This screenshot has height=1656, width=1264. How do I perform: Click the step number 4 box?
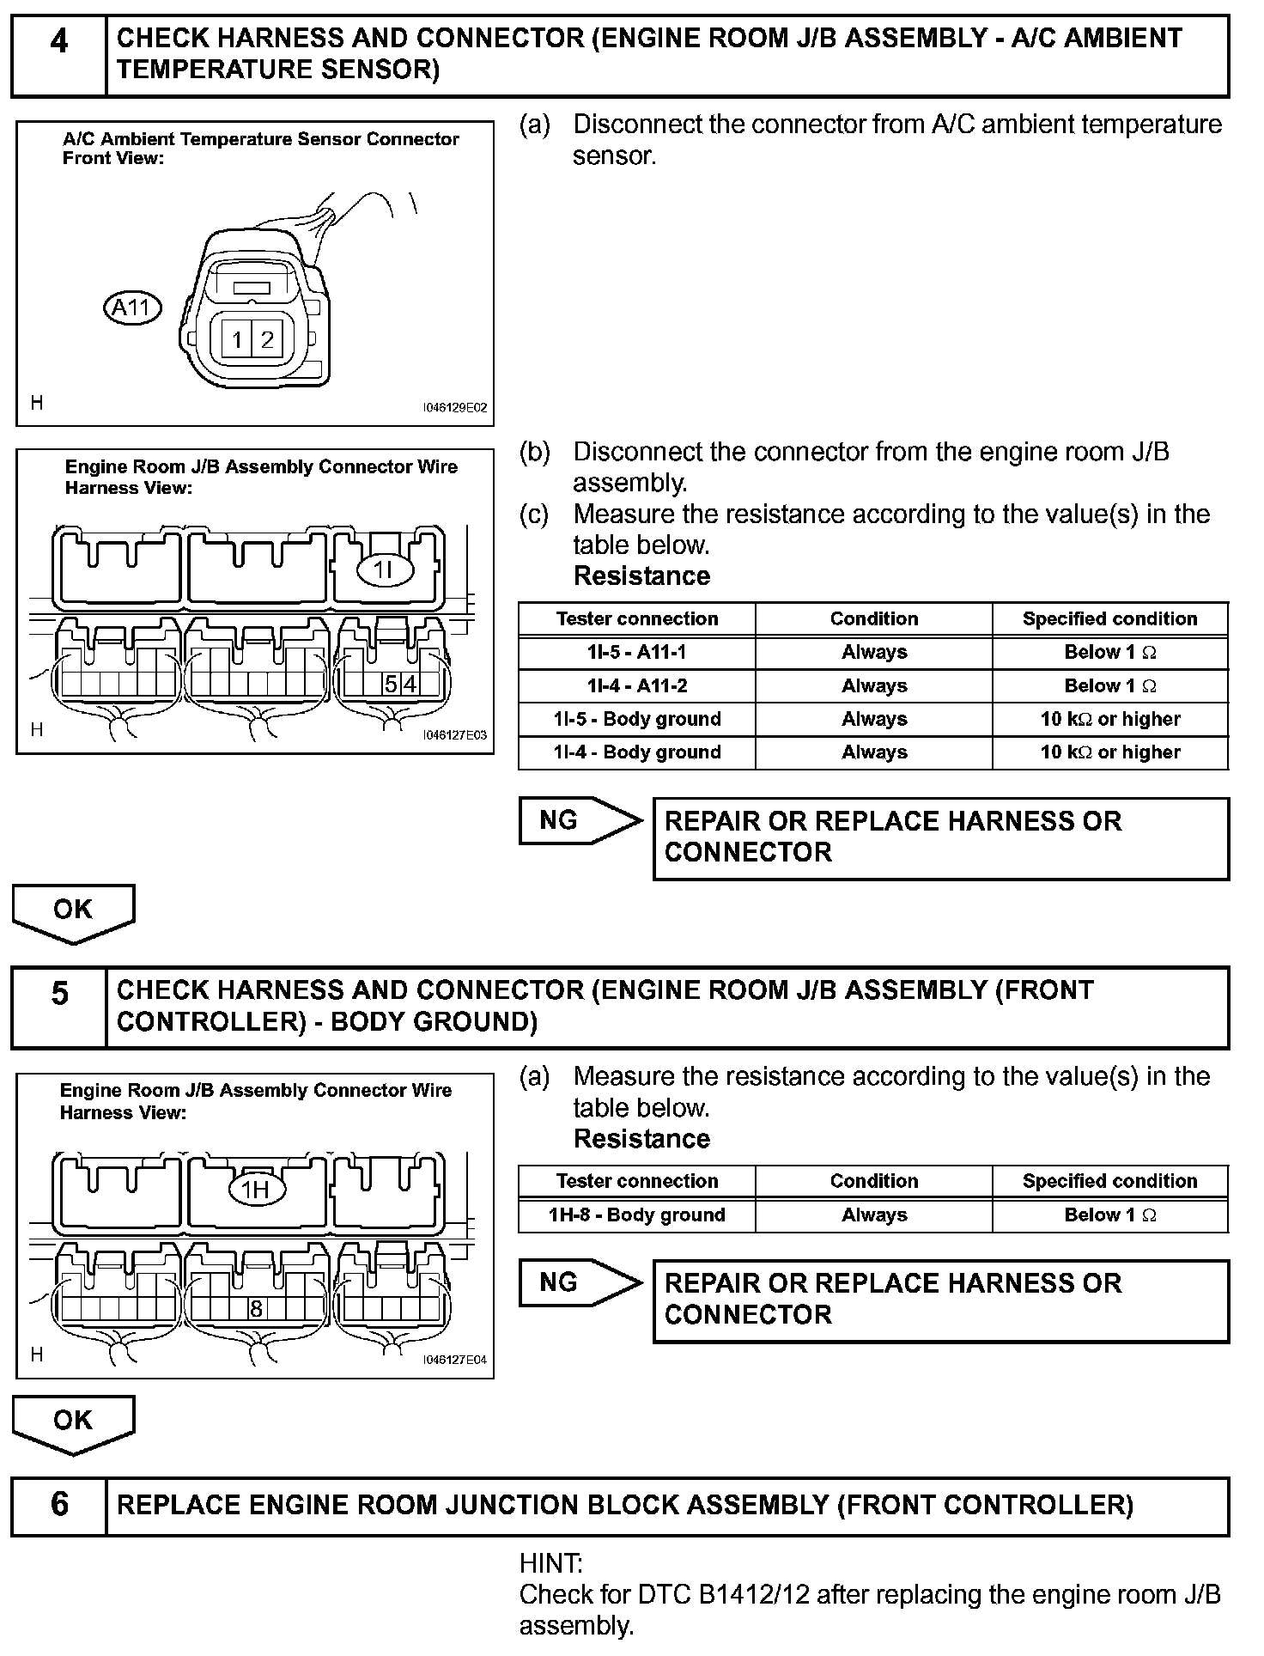click(58, 54)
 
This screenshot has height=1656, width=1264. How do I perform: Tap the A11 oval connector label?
click(132, 307)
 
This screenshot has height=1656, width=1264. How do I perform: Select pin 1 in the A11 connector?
click(237, 340)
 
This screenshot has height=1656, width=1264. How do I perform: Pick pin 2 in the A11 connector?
click(267, 340)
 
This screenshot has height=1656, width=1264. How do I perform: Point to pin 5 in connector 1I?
click(391, 685)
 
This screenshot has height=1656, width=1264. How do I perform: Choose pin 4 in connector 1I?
click(410, 685)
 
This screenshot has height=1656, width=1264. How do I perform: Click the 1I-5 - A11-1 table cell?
click(636, 652)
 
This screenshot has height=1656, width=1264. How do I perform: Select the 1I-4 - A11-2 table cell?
click(636, 685)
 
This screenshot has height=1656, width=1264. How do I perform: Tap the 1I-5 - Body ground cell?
click(636, 719)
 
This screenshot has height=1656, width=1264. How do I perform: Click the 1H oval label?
click(256, 1190)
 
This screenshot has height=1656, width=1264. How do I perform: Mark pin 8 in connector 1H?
click(256, 1309)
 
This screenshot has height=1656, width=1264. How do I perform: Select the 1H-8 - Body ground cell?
click(636, 1215)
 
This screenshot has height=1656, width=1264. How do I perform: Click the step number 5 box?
click(58, 1007)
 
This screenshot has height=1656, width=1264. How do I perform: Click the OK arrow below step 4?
click(73, 912)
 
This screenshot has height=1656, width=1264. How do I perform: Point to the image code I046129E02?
click(454, 408)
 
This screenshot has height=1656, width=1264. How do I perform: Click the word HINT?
click(550, 1563)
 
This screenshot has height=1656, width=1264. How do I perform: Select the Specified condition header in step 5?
click(1109, 1181)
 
